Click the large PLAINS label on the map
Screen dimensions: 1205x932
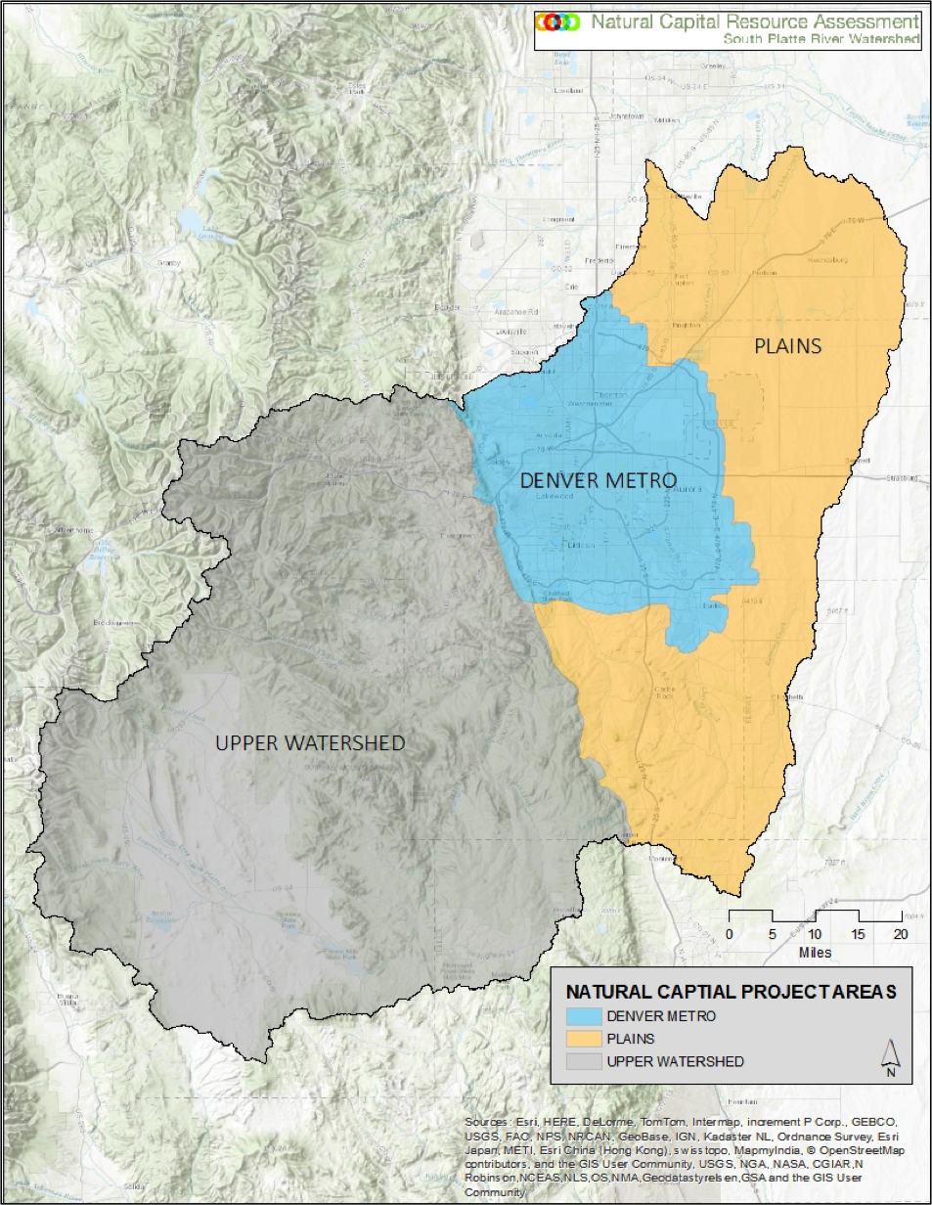(787, 345)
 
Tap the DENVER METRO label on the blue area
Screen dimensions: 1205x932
(598, 480)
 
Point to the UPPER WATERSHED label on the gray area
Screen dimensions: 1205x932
(310, 743)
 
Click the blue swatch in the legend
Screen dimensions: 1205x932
(584, 1016)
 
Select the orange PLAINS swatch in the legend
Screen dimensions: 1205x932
(584, 1039)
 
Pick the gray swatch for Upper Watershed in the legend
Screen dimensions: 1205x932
(584, 1061)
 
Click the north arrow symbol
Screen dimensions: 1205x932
(890, 1057)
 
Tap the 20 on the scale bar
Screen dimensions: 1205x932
(900, 934)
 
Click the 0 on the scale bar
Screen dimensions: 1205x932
(729, 934)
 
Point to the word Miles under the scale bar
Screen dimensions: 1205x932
(815, 952)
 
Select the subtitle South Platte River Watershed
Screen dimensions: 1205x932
(821, 39)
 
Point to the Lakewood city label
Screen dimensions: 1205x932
(554, 496)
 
